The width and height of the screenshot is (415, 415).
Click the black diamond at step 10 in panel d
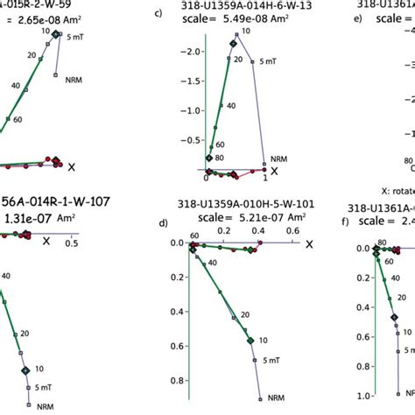click(250, 340)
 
